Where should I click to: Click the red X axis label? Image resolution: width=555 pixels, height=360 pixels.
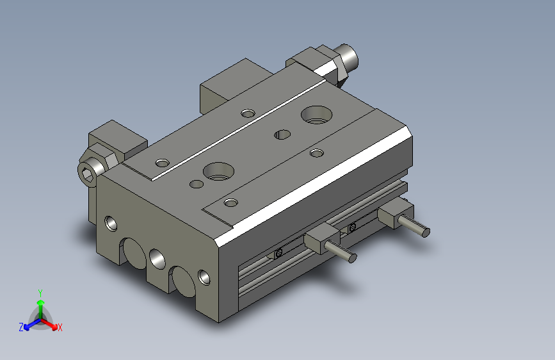[60, 328]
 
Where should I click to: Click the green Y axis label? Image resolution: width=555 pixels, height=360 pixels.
[40, 292]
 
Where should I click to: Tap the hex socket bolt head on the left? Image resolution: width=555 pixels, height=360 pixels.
[90, 172]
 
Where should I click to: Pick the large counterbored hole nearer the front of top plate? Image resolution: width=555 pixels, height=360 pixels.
[217, 171]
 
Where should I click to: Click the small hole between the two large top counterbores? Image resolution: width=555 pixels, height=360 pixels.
[281, 135]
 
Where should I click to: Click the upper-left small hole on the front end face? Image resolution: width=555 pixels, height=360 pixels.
[111, 224]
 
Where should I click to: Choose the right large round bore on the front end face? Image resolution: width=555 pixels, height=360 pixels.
[182, 281]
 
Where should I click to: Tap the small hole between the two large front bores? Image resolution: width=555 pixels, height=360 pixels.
[157, 259]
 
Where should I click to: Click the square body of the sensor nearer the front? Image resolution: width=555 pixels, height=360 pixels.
[318, 239]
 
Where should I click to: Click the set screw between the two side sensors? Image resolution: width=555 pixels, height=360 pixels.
[351, 227]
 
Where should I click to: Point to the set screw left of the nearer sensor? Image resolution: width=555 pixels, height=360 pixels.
[278, 254]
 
